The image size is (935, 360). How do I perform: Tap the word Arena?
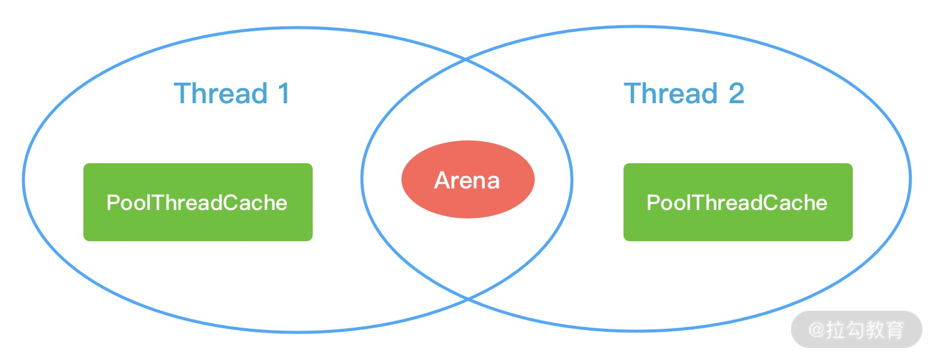(x=467, y=180)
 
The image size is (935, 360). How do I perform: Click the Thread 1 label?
(x=232, y=94)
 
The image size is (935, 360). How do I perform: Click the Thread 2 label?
(x=684, y=94)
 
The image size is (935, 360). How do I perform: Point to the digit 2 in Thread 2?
(x=736, y=94)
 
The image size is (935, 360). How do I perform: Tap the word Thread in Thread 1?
(x=220, y=94)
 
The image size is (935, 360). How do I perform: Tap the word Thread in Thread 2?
(x=670, y=94)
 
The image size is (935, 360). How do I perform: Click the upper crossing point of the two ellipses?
(x=466, y=59)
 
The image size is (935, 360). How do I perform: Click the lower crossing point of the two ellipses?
(x=467, y=298)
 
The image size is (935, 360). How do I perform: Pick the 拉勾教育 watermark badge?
(x=856, y=329)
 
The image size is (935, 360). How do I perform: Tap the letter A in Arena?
(x=442, y=180)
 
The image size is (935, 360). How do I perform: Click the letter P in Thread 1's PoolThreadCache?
(x=112, y=203)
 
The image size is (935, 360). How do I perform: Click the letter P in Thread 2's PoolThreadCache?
(x=652, y=203)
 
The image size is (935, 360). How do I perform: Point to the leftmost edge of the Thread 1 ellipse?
(x=24, y=179)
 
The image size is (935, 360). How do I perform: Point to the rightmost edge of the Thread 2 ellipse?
(x=910, y=178)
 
